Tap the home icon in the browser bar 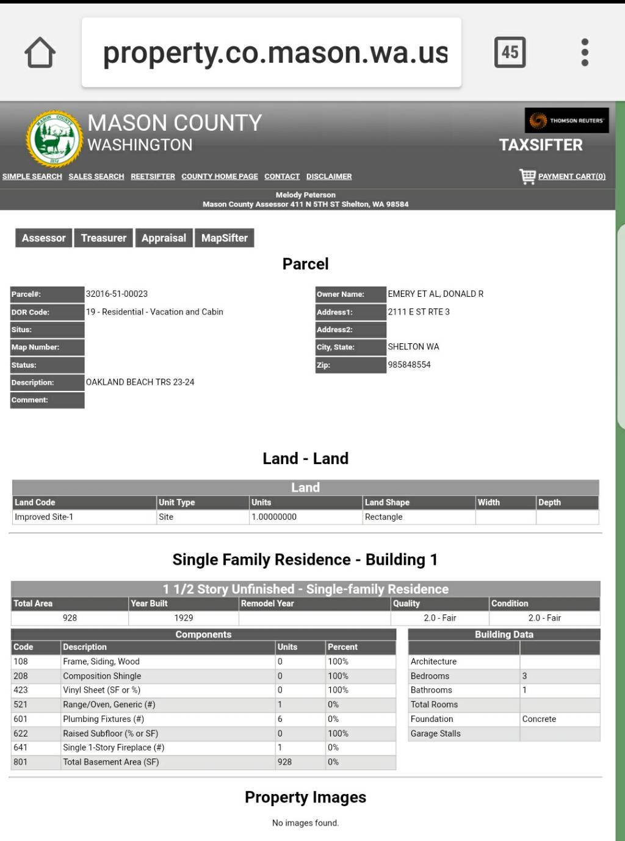point(40,53)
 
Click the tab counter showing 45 point(510,53)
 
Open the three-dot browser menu point(585,53)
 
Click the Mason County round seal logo point(54,139)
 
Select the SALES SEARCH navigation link point(96,177)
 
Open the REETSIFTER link point(153,177)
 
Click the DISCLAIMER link point(329,177)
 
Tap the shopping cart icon point(527,176)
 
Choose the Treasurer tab point(104,238)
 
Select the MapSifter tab point(225,238)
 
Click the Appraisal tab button point(164,238)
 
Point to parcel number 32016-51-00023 point(117,294)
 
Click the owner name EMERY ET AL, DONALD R point(436,294)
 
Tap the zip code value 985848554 point(410,365)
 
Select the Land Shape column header point(387,502)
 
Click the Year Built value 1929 point(184,617)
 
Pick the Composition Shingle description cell point(102,676)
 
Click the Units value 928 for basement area point(284,762)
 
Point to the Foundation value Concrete point(539,719)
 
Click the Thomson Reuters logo point(567,120)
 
